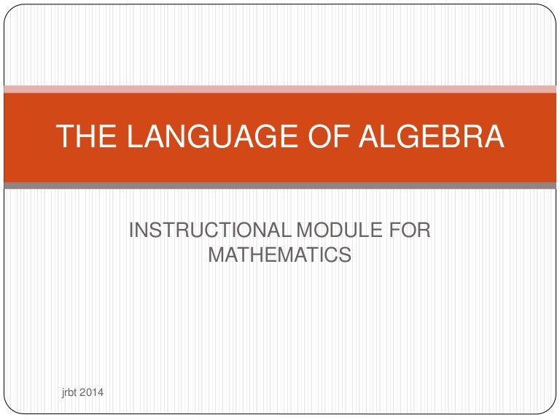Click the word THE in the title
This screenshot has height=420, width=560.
click(82, 138)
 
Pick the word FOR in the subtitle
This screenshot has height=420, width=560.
click(410, 232)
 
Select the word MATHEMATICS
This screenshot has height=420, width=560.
click(280, 254)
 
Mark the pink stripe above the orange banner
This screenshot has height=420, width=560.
click(280, 89)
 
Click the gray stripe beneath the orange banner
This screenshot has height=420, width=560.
click(280, 186)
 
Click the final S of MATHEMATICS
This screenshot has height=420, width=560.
click(346, 254)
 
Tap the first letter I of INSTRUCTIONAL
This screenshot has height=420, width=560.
click(131, 232)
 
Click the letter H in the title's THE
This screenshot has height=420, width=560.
click(82, 138)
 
